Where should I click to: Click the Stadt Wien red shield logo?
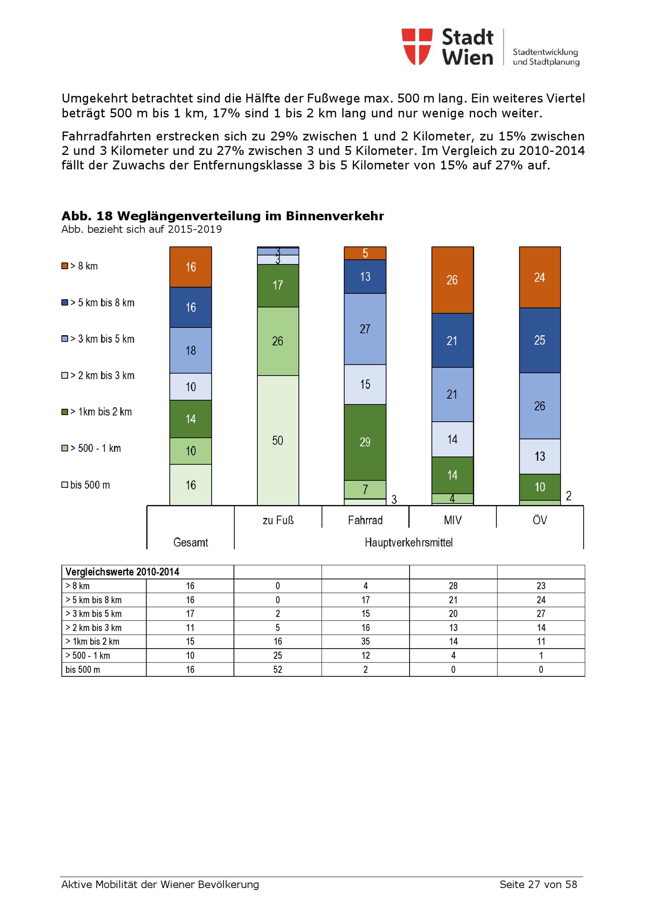[417, 46]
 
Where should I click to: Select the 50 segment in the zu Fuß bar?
[278, 440]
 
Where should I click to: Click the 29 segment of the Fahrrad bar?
[365, 442]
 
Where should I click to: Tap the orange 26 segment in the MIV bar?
[452, 280]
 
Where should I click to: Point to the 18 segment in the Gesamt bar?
[191, 350]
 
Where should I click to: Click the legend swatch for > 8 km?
[65, 266]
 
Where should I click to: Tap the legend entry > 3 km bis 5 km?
[102, 339]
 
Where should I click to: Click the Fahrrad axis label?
[365, 520]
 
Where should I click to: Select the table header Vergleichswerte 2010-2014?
[122, 572]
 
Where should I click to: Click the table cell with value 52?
[278, 669]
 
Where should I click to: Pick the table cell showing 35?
[365, 642]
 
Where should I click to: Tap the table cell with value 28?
[453, 586]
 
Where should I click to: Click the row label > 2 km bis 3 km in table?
[93, 628]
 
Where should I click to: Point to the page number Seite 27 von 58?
[538, 884]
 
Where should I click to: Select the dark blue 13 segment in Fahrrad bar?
[365, 277]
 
